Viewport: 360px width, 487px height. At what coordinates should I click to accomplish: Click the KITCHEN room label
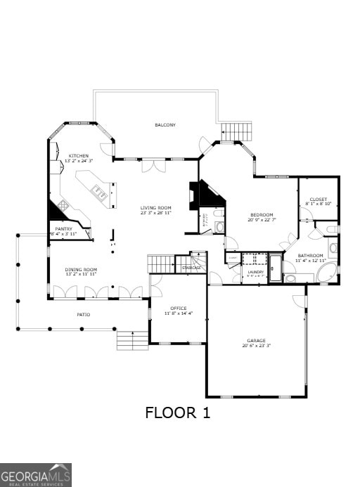coord(78,155)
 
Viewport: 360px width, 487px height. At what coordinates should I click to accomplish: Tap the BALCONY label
coord(165,125)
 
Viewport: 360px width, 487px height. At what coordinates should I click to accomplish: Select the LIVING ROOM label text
coord(155,207)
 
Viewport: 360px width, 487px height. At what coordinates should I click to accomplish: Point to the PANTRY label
coord(63,228)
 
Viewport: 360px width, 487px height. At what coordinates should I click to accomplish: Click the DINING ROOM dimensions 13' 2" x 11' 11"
coord(81,274)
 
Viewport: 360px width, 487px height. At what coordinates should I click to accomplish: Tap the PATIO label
coord(83,314)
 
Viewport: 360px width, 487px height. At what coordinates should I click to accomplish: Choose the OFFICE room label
coord(178,308)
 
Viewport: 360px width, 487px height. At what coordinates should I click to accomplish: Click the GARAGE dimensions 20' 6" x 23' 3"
coord(256,346)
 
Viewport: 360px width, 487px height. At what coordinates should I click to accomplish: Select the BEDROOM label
coord(262,215)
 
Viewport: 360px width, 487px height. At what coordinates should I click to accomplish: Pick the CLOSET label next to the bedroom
coord(319,200)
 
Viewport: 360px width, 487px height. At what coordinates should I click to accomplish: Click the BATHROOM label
coord(309,256)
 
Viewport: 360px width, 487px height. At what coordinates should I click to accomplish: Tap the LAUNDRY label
coord(255,271)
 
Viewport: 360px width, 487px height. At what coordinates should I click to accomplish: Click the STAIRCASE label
coord(192,268)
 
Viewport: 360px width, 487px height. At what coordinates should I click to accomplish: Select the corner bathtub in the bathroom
coord(326,273)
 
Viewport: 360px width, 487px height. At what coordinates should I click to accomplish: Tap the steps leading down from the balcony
coord(237,131)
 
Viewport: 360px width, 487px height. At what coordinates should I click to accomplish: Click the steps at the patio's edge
coord(132,340)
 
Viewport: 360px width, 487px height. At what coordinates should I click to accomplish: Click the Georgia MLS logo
coord(36,475)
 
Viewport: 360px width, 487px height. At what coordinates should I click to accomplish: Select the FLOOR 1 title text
coord(178,413)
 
